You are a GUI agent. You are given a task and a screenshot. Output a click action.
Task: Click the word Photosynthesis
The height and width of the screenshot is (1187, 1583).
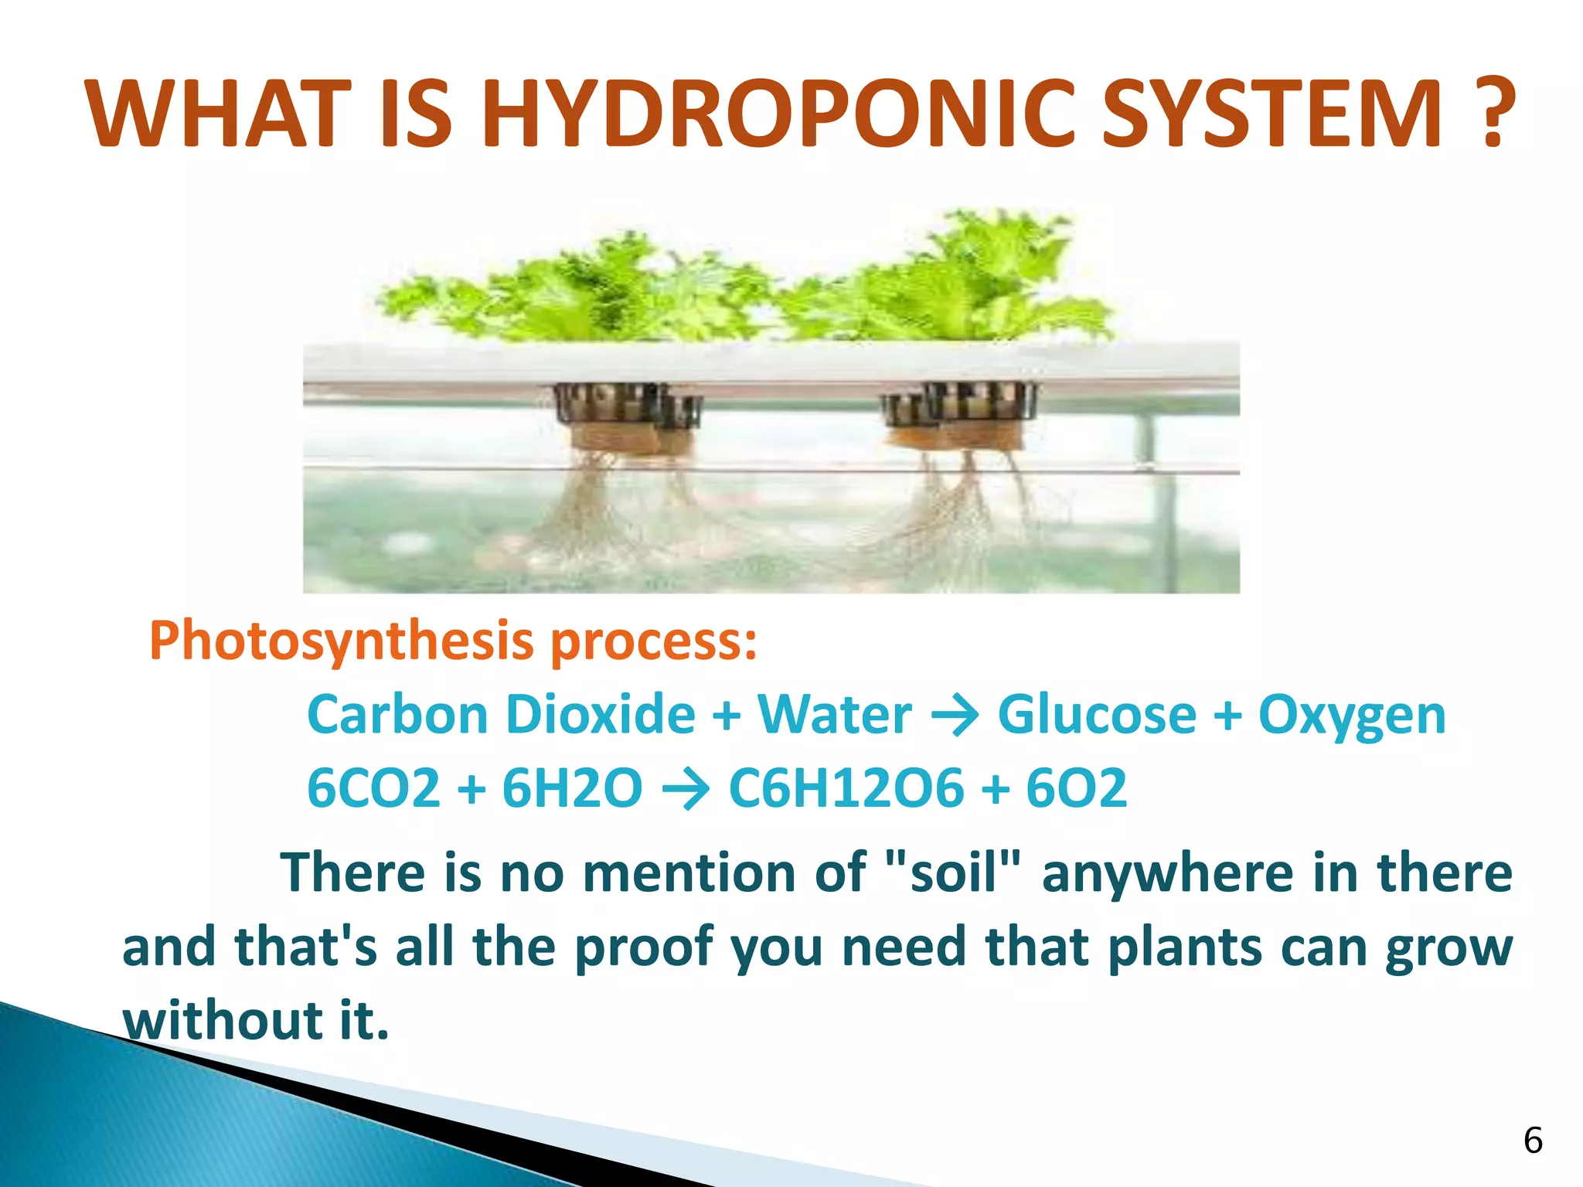coord(342,641)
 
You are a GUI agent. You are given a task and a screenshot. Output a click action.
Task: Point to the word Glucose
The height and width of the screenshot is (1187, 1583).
coord(1097,714)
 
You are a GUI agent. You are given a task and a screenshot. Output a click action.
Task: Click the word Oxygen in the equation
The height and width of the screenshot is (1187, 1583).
coord(1352,716)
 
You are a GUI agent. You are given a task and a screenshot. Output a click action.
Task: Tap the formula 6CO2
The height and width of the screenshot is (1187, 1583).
coord(373,788)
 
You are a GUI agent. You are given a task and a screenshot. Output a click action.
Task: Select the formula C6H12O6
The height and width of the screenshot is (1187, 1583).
coord(846,788)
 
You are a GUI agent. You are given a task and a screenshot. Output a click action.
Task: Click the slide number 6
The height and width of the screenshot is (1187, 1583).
coord(1533,1141)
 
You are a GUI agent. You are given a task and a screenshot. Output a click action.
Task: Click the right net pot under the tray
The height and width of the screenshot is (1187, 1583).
coord(958,406)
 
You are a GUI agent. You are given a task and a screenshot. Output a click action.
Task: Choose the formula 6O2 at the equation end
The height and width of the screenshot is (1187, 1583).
coord(1076,788)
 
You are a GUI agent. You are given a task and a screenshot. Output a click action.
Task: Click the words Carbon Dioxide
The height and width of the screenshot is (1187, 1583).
coord(502,714)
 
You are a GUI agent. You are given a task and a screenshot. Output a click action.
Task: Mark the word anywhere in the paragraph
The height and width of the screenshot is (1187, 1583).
coord(1167,873)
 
